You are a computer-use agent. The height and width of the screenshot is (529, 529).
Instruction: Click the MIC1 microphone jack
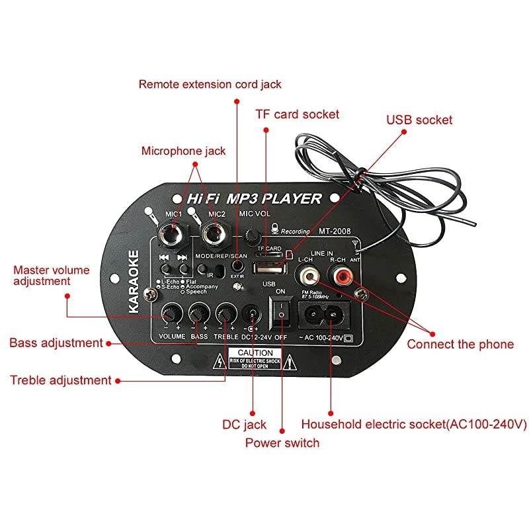[174, 233]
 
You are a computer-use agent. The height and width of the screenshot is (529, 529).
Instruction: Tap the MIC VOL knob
[251, 235]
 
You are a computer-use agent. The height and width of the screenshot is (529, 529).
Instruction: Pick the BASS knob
[198, 313]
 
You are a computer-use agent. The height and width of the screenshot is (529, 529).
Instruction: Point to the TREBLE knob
[227, 313]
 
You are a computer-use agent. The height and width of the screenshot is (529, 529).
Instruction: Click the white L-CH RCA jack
[307, 272]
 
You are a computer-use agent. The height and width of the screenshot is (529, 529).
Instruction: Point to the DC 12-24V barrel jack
[251, 313]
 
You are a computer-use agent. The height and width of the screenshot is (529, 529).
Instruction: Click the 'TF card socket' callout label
[297, 114]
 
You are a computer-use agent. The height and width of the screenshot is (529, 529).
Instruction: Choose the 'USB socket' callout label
[419, 120]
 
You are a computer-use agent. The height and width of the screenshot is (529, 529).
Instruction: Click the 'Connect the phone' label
[460, 344]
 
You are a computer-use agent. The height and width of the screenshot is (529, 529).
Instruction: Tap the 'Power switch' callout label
[282, 442]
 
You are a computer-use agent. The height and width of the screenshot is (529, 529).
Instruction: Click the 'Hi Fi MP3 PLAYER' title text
[254, 198]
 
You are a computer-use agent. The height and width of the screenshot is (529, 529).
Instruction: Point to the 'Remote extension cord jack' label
[210, 84]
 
